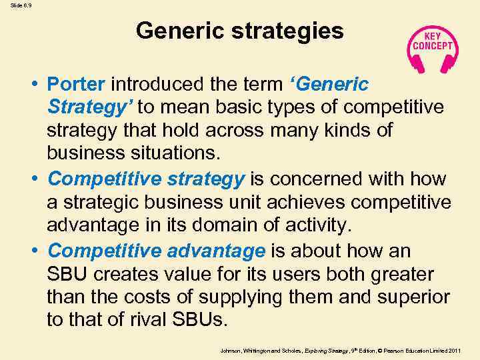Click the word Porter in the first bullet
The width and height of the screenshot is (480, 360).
point(76,85)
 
